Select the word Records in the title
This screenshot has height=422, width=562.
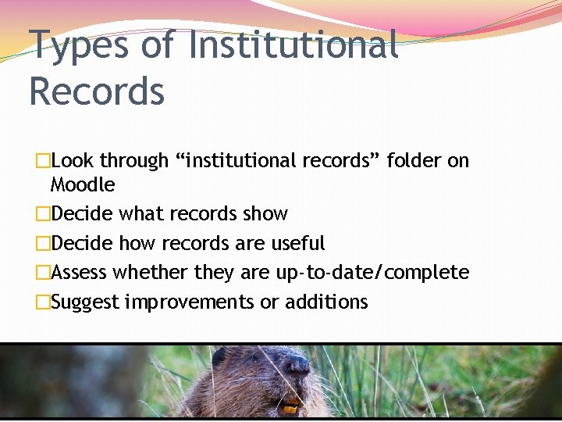pyautogui.click(x=97, y=91)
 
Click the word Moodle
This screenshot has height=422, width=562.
pyautogui.click(x=82, y=185)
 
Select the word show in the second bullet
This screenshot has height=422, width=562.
pyautogui.click(x=265, y=213)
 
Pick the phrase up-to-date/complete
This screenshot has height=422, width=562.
pyautogui.click(x=372, y=273)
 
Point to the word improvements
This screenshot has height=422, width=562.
pyautogui.click(x=190, y=302)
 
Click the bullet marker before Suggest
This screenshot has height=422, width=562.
pyautogui.click(x=43, y=302)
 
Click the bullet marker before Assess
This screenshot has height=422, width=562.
pyautogui.click(x=43, y=273)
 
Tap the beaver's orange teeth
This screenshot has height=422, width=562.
pyautogui.click(x=290, y=407)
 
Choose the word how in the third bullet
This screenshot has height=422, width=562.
pyautogui.click(x=137, y=243)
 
